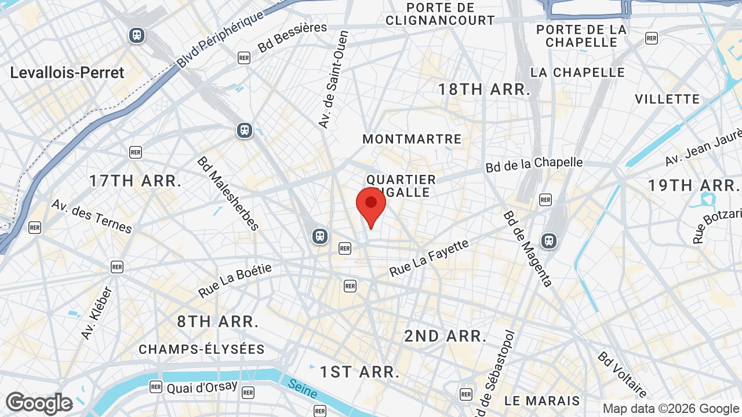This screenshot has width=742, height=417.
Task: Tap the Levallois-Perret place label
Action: point(67,73)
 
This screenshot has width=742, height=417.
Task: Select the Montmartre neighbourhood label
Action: point(412,139)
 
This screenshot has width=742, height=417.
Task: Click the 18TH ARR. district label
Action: point(484,89)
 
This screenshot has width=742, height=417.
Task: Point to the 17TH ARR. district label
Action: point(135,181)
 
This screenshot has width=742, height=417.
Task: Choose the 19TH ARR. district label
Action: point(693,185)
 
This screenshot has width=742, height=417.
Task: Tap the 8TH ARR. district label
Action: point(217,322)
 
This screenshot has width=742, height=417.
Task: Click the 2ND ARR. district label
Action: point(445,336)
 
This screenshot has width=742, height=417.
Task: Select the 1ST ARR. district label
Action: point(360,372)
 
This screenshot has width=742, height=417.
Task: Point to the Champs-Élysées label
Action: point(202,349)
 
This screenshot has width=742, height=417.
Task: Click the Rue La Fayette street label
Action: point(428,258)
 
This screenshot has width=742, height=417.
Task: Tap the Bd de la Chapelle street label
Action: point(534,164)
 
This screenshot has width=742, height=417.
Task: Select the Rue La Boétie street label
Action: point(235,280)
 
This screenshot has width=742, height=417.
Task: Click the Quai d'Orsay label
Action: point(202,387)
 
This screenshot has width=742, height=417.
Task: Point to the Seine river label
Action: point(302,389)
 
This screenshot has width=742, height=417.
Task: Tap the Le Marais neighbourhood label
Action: point(542,401)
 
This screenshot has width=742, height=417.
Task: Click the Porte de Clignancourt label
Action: point(441,14)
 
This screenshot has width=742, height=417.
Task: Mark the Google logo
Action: point(39,404)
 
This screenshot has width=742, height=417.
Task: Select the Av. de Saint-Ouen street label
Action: point(333,79)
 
